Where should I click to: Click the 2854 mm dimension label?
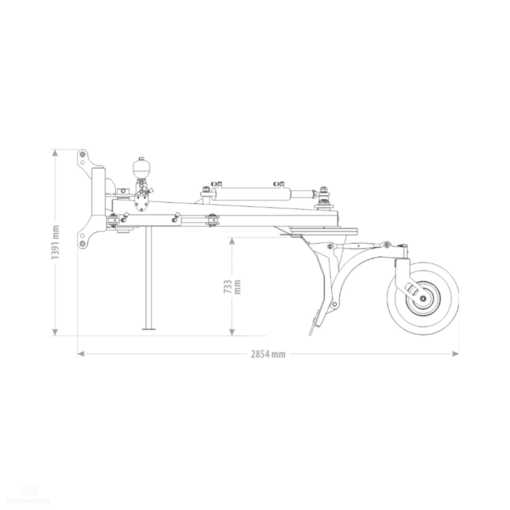pos(268,354)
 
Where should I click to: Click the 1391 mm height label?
pos(55,242)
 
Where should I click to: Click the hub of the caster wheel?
pos(423,299)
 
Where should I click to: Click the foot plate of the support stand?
pos(149,329)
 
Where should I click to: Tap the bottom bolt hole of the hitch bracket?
pos(82,244)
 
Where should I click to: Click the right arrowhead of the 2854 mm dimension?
pos(455,354)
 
